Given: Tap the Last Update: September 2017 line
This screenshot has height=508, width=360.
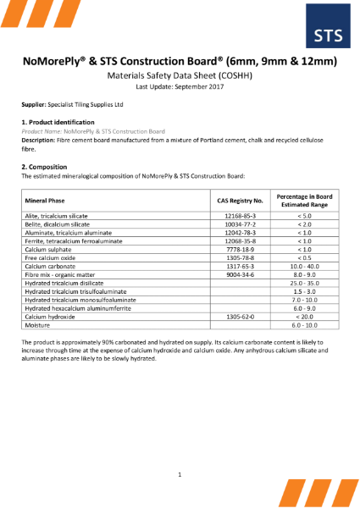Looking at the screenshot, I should tap(180, 86).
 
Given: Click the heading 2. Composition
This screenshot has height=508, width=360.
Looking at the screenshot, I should tap(45, 167).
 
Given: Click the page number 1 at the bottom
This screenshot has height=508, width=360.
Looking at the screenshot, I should tap(180, 475).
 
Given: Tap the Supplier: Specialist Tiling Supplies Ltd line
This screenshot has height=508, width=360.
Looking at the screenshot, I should tap(72, 104).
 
